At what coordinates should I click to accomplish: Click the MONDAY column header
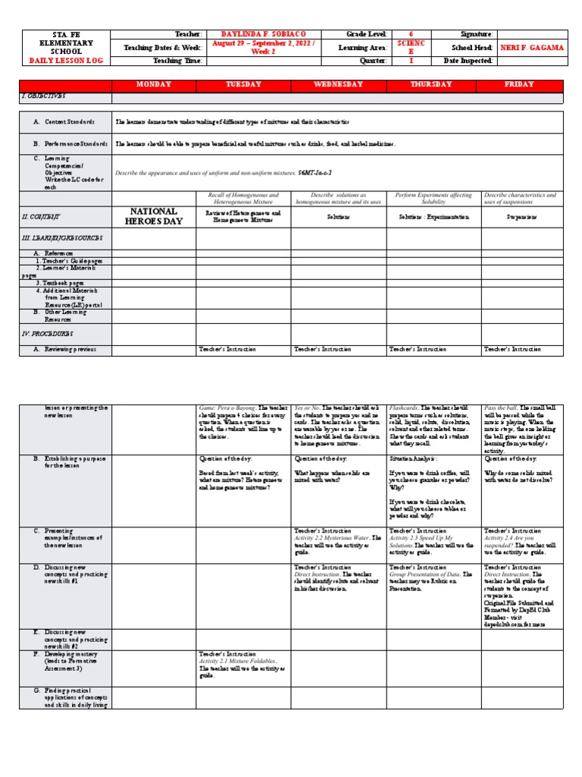[x=154, y=85]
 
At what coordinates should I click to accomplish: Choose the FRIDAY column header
[x=519, y=85]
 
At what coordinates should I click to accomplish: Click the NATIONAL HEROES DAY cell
[x=154, y=215]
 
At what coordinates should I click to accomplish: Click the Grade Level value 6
[x=411, y=34]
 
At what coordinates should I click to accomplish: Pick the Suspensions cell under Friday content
[x=522, y=216]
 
